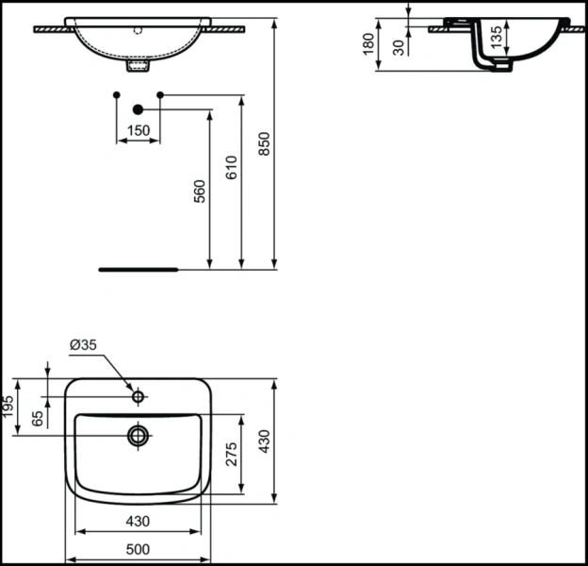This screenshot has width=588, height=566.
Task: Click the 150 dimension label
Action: point(138,131)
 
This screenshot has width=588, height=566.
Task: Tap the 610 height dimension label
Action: point(232,167)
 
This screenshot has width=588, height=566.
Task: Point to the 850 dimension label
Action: point(265,142)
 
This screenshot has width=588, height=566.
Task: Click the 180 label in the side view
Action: point(367,43)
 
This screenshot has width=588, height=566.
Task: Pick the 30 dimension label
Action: point(400,47)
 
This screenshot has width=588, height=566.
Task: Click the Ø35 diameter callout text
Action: point(83,345)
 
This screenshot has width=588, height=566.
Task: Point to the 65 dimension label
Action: point(38,418)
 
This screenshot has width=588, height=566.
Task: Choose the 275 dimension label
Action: point(233,455)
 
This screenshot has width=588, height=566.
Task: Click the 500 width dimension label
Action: point(139,548)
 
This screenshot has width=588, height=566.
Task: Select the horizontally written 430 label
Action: point(139,521)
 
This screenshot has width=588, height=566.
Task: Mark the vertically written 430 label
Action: point(265,441)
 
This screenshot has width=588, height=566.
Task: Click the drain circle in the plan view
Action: point(139,434)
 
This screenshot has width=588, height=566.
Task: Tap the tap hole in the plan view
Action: point(139,397)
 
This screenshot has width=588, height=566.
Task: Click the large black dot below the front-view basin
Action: point(138,109)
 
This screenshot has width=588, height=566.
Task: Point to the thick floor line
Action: point(139,269)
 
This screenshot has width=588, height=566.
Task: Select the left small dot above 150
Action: point(116,94)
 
